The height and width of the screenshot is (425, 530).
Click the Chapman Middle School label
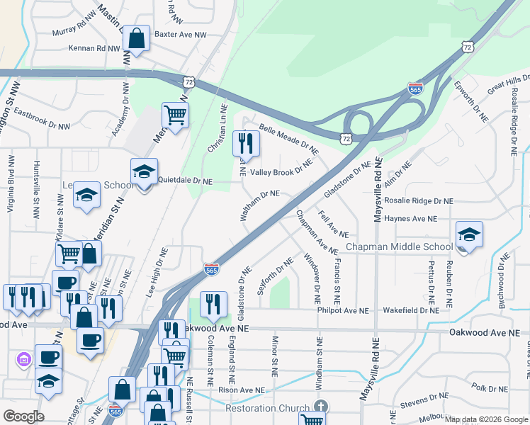399,246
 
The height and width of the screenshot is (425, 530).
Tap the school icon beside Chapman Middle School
469,234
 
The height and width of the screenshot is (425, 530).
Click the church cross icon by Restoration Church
320,407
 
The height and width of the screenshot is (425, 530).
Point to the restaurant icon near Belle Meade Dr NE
246,144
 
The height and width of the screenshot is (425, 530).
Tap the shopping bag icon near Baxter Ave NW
136,39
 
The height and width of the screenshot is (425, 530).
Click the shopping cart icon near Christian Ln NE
175,114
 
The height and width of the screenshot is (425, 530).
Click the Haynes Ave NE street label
410,219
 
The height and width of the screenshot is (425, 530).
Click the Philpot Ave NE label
343,310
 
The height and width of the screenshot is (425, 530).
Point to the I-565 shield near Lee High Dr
212,268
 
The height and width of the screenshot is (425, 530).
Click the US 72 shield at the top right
466,47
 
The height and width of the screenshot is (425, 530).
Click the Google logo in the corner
23,416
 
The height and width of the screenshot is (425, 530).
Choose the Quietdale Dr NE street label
185,181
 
